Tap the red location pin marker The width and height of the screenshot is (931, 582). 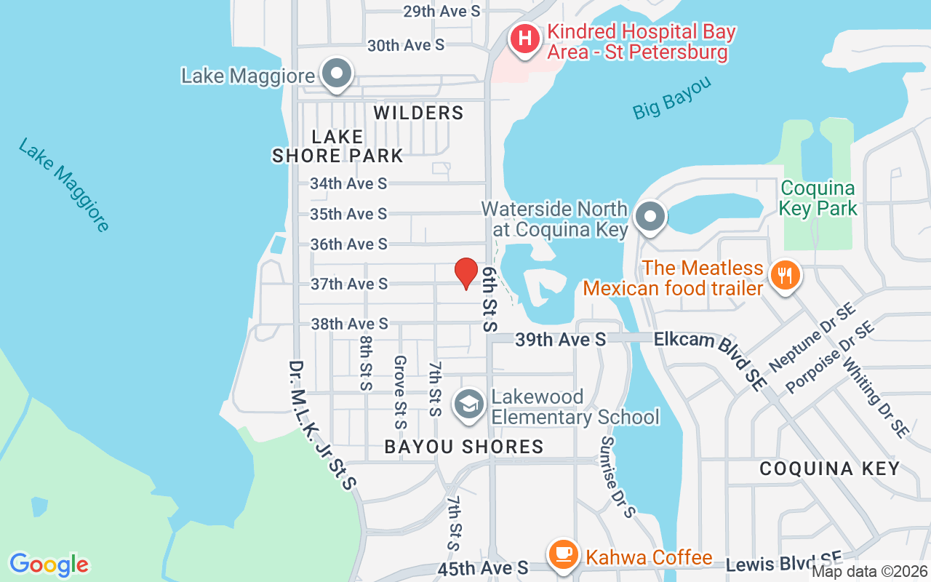pyautogui.click(x=466, y=273)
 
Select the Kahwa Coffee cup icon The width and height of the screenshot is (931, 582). pyautogui.click(x=562, y=555)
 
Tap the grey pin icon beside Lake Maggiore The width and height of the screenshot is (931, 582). pyautogui.click(x=337, y=74)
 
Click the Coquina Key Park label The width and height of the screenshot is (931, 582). pyautogui.click(x=818, y=199)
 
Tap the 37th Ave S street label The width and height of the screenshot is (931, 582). pyautogui.click(x=349, y=284)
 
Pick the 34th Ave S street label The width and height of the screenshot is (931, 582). pyautogui.click(x=348, y=183)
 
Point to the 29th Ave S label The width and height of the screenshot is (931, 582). pyautogui.click(x=441, y=11)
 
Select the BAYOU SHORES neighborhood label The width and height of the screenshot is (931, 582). pyautogui.click(x=463, y=447)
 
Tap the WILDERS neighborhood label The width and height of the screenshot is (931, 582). pyautogui.click(x=418, y=113)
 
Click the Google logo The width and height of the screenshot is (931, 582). pyautogui.click(x=49, y=565)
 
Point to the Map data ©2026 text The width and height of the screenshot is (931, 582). pyautogui.click(x=868, y=572)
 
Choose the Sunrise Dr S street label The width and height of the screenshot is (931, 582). pyautogui.click(x=618, y=477)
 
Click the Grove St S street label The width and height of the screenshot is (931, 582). pyautogui.click(x=399, y=392)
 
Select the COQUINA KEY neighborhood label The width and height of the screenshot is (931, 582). pyautogui.click(x=829, y=469)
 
